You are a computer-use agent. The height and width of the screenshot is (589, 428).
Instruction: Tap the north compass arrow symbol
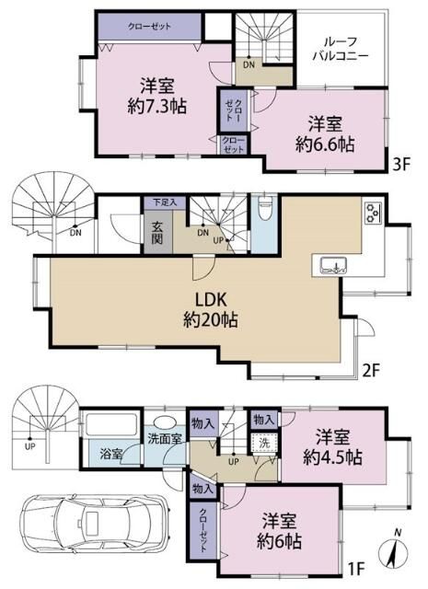[394, 550]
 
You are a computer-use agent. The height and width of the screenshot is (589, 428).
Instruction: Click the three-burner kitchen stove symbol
[373, 214]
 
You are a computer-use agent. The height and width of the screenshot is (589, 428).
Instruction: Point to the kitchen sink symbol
[333, 265]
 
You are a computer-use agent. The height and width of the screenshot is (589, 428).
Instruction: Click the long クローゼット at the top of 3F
[148, 28]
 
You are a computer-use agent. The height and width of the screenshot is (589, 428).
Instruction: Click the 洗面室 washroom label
[166, 438]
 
